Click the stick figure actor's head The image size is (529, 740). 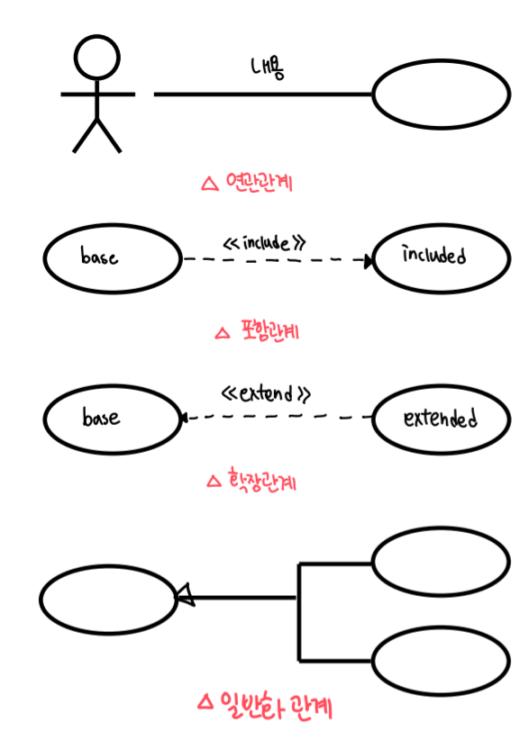(x=96, y=57)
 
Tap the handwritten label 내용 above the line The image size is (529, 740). (x=268, y=68)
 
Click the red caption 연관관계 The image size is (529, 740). (x=260, y=182)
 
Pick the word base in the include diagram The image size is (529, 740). (x=99, y=257)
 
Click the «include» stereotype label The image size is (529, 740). (x=265, y=242)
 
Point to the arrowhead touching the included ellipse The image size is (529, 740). (x=369, y=260)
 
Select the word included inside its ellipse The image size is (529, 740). (x=434, y=255)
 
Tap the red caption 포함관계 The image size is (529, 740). (x=270, y=330)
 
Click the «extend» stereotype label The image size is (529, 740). (x=266, y=393)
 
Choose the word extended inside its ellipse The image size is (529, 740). (x=440, y=418)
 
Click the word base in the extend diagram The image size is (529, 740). (x=101, y=417)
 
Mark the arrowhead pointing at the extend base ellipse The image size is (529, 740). (x=184, y=418)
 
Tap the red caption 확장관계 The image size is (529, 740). (x=262, y=481)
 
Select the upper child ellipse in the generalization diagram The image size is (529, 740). (x=442, y=527)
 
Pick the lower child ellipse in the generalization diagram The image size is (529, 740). (x=442, y=627)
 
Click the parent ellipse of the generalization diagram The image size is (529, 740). (x=109, y=566)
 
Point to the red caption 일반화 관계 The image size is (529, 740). (x=277, y=706)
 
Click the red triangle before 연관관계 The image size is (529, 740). (x=210, y=184)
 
